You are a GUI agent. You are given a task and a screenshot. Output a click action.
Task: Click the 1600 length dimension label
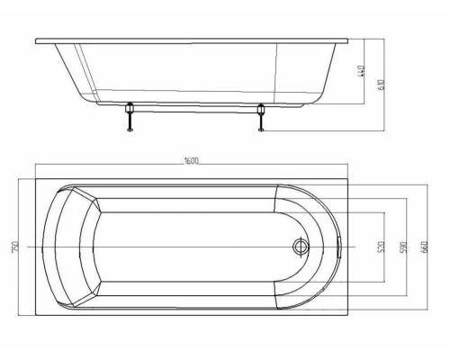click(x=191, y=161)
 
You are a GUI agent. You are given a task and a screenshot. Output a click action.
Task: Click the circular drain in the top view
click(x=301, y=246)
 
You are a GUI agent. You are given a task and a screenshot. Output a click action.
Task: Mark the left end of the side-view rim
click(x=38, y=40)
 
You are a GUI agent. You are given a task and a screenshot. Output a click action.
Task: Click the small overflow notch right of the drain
click(x=337, y=246)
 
